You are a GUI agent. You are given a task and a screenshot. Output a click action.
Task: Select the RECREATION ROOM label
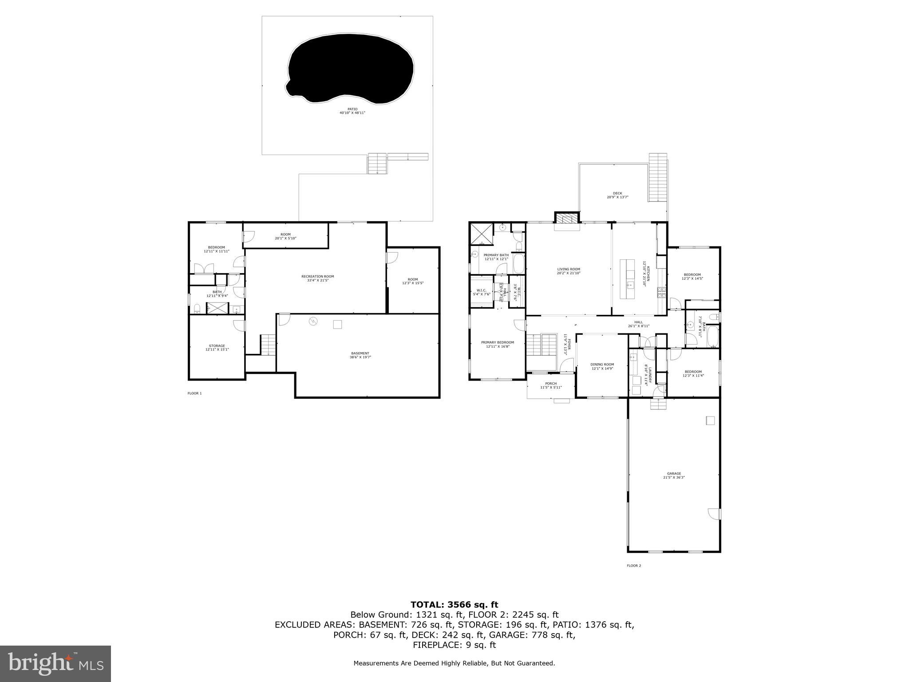317,278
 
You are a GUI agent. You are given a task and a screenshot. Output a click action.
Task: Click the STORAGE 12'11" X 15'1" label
217,348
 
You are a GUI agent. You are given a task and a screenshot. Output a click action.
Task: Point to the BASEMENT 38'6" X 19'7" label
360,355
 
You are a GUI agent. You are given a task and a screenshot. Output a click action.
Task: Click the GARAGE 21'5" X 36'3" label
674,476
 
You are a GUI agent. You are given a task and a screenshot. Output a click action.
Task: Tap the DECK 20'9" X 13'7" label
617,195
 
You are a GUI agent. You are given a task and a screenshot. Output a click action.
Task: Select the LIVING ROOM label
569,271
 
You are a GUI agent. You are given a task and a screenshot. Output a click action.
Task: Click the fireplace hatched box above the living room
567,218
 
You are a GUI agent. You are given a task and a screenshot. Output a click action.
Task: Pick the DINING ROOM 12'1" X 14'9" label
602,366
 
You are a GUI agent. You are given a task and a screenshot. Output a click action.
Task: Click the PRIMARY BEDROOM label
498,344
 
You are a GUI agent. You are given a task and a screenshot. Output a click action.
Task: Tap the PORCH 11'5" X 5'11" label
551,385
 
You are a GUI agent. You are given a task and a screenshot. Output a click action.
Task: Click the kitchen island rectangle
630,279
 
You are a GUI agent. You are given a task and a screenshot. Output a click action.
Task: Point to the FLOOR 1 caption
194,393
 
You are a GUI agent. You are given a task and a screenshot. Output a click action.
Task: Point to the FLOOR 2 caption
634,566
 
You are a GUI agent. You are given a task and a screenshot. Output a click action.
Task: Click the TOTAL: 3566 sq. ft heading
454,604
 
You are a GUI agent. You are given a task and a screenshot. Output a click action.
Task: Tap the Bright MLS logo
55,664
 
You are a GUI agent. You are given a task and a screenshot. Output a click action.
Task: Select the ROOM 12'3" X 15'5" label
413,281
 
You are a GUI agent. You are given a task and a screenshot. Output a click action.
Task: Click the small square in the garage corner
710,420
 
